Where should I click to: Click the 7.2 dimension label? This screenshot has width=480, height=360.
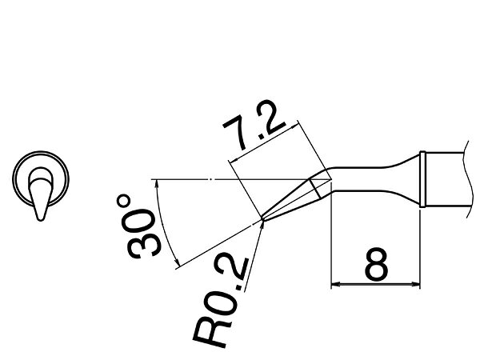point(254,125)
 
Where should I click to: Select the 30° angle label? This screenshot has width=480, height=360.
point(142,226)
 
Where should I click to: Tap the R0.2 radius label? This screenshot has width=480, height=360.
point(222,302)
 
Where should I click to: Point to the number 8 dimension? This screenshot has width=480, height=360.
point(376,265)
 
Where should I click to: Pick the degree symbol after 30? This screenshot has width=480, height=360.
point(124,202)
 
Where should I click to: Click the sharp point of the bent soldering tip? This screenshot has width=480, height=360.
point(262,218)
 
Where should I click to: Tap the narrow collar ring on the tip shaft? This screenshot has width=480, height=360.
point(422,179)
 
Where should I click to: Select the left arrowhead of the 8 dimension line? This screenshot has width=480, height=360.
point(335,284)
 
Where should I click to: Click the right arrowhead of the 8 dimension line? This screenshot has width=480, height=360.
point(416,284)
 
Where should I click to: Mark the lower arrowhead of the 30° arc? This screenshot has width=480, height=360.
point(176,261)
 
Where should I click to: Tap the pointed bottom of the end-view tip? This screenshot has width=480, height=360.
point(41,218)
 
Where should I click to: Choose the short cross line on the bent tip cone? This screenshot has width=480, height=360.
point(315,189)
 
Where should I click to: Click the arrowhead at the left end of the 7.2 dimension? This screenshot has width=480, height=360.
point(234,160)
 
